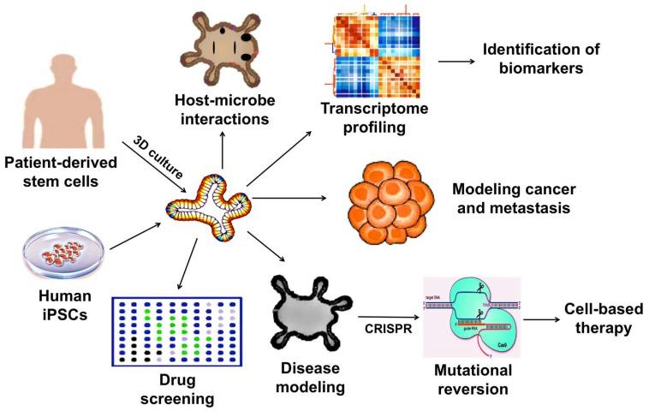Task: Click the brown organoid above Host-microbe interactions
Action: tap(219, 55)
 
